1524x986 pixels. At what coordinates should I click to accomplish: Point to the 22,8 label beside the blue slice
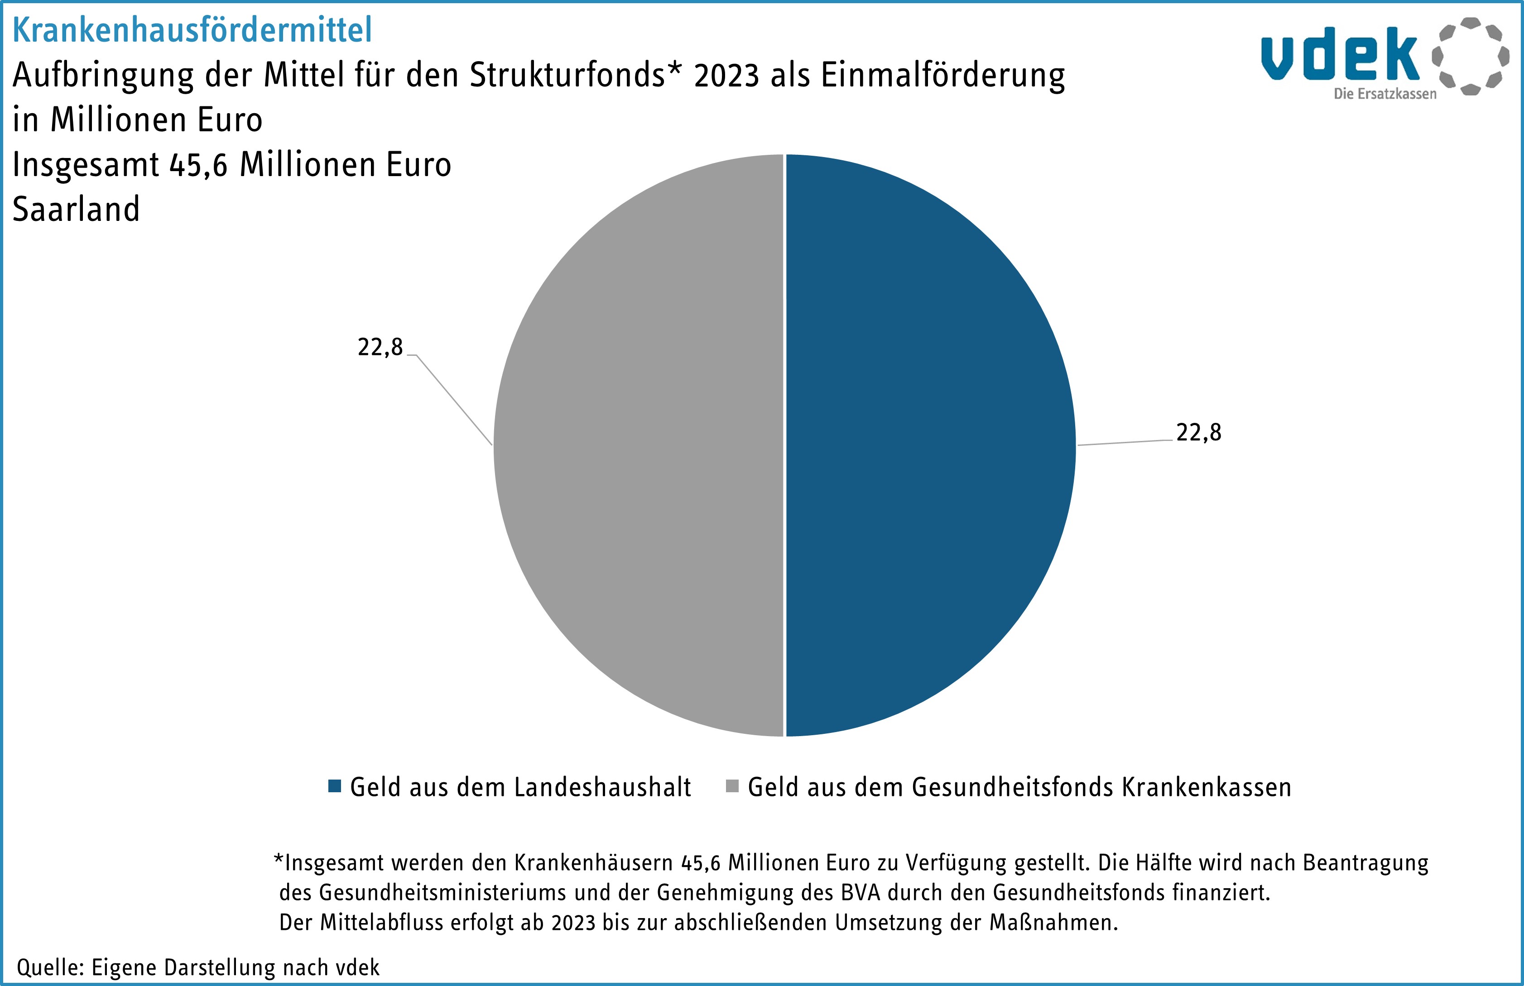pos(1199,433)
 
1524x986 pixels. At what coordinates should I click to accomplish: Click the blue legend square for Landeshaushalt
pos(334,786)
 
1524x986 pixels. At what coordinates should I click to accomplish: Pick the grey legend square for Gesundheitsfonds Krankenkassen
pos(732,786)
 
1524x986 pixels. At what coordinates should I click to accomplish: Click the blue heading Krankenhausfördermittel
pos(192,30)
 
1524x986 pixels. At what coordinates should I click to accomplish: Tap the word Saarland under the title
pos(76,209)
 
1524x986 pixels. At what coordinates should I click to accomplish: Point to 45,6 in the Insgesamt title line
pos(198,165)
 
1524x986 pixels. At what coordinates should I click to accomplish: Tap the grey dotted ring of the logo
pos(1470,56)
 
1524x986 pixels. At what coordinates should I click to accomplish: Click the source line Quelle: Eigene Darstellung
pos(198,967)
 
